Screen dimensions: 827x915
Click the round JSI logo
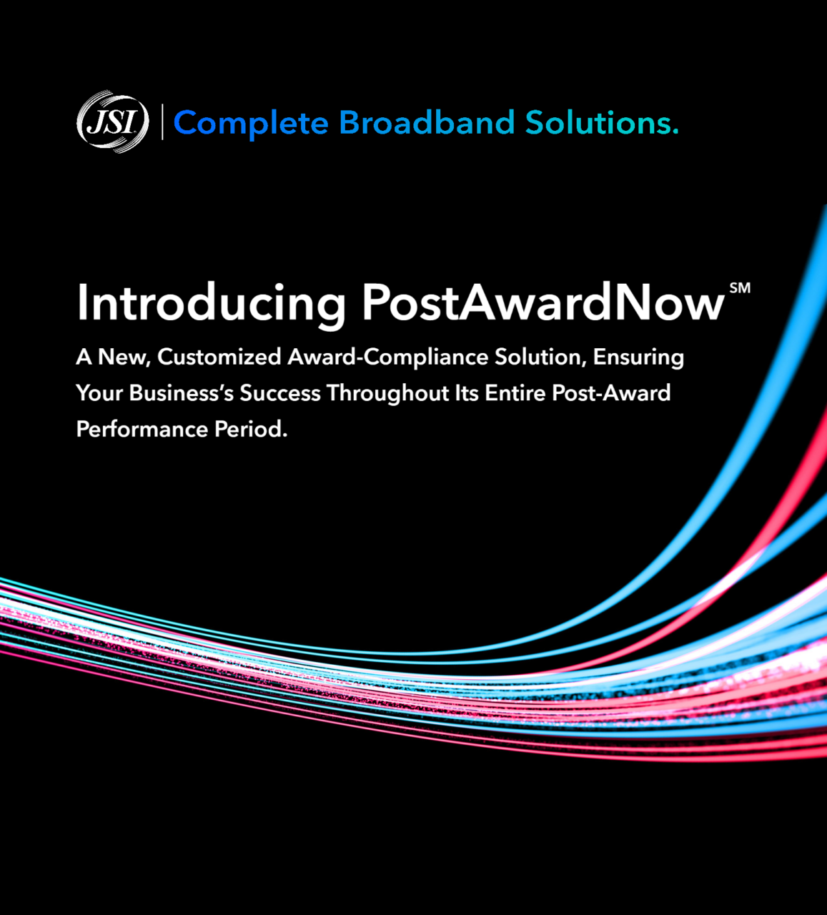113,122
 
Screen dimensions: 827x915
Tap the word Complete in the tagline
251,123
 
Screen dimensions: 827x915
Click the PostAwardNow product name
543,302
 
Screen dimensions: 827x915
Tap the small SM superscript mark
739,288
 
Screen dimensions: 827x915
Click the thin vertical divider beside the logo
162,122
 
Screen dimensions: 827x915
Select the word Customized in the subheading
219,357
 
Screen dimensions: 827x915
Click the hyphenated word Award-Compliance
387,357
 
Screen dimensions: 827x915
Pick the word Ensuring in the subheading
638,358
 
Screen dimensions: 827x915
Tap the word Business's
181,393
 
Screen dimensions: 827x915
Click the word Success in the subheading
280,393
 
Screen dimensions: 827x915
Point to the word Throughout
387,394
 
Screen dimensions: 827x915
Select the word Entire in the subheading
515,393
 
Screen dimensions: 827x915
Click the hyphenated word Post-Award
611,393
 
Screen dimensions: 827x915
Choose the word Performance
142,429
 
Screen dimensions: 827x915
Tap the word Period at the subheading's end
251,429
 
